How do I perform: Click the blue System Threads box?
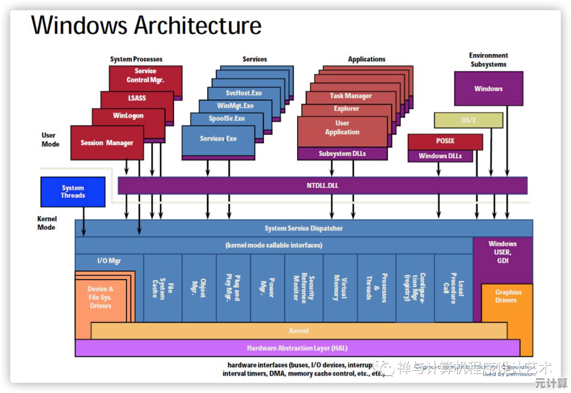tap(73, 192)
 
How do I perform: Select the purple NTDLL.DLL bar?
tap(322, 185)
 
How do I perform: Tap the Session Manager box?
tap(107, 143)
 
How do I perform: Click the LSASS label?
tap(136, 98)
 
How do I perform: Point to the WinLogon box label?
tap(128, 116)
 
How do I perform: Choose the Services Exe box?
tap(218, 139)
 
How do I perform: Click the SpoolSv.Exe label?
tap(227, 119)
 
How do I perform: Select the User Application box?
tap(342, 128)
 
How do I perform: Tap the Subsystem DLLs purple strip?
tap(342, 154)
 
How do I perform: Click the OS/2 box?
tap(468, 120)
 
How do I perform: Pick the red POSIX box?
tap(445, 142)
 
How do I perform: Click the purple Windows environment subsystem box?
tap(489, 89)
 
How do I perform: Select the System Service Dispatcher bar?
tap(303, 228)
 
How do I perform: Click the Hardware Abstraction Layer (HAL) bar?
tap(297, 348)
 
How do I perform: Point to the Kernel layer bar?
tap(299, 331)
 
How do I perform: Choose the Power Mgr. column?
tap(268, 288)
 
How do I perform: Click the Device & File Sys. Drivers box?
tap(100, 297)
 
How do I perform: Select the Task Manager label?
tap(351, 96)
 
